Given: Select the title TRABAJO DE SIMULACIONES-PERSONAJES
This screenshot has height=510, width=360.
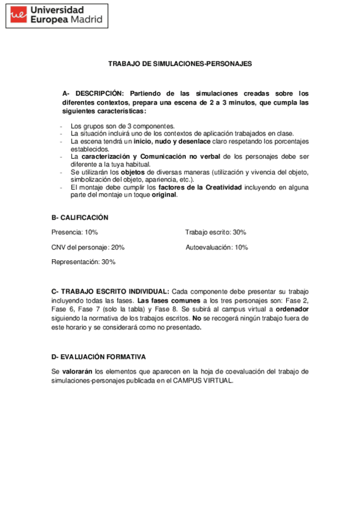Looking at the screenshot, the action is [180, 63].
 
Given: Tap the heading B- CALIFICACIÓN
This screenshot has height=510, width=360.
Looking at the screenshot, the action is [80, 218].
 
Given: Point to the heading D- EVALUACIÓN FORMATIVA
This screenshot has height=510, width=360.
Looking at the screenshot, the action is [99, 357].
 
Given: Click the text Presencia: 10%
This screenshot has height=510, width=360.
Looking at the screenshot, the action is [75, 232].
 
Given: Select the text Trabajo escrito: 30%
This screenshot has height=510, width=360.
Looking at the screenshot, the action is [215, 232].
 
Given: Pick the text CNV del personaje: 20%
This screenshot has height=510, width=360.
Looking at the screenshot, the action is [88, 247].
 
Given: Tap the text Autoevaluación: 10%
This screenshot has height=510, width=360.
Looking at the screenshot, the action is [216, 247].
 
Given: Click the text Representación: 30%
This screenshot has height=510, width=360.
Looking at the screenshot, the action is [83, 262].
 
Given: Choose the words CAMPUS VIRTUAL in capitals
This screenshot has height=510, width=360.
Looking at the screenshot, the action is [204, 381].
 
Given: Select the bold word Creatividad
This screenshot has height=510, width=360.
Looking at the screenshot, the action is [219, 187].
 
